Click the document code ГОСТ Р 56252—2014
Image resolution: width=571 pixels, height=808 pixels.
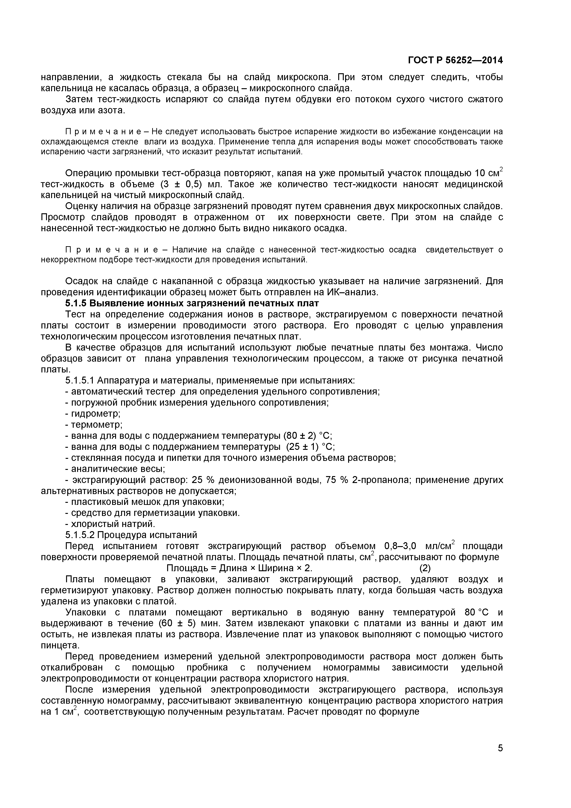[x=455, y=61]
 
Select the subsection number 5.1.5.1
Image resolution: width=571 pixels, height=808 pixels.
[x=80, y=381]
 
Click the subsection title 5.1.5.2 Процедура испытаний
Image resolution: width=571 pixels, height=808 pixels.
[x=131, y=535]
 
